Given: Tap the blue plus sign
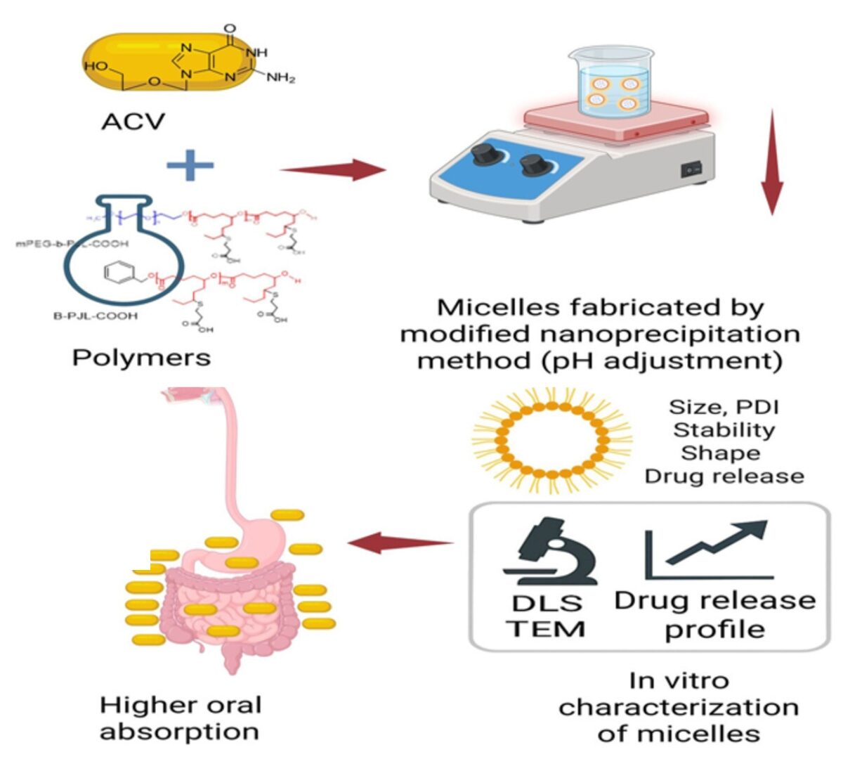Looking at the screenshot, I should pyautogui.click(x=190, y=166).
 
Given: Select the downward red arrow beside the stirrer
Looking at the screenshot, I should pyautogui.click(x=772, y=162).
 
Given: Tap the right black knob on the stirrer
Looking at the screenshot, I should pyautogui.click(x=533, y=167).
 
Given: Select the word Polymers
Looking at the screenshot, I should pyautogui.click(x=141, y=358).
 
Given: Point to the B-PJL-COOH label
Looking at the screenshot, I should pyautogui.click(x=96, y=316).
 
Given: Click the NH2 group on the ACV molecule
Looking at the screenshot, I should pyautogui.click(x=280, y=78).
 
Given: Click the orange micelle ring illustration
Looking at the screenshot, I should pyautogui.click(x=551, y=440).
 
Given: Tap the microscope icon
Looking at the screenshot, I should pyautogui.click(x=548, y=552).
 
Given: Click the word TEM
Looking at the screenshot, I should pyautogui.click(x=546, y=628).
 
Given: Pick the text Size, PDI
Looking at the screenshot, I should pyautogui.click(x=724, y=407).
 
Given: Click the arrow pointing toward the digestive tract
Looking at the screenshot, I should pyautogui.click(x=400, y=543).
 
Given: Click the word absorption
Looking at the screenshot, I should pyautogui.click(x=179, y=732).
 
